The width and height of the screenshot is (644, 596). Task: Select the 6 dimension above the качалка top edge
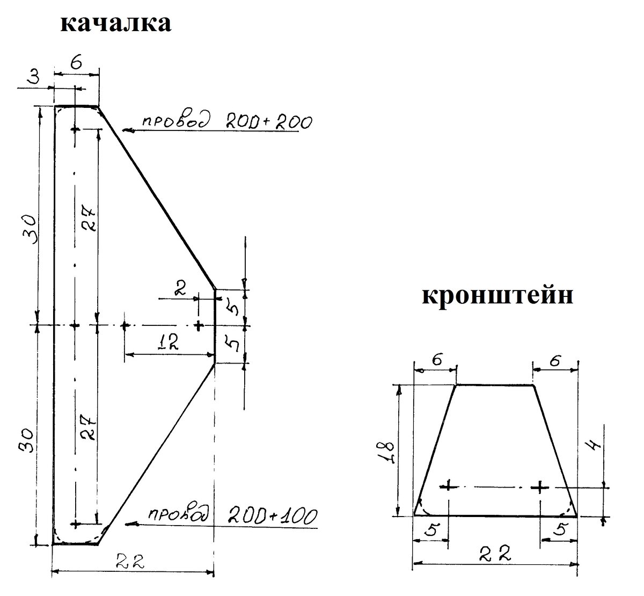click(x=76, y=63)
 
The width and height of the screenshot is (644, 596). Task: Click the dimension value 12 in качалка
click(x=167, y=342)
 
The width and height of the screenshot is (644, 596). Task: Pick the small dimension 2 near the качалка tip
click(x=181, y=290)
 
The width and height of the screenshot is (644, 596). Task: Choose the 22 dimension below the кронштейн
click(x=495, y=553)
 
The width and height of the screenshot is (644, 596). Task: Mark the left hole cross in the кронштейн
click(x=449, y=486)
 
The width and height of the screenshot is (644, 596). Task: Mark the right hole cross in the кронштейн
click(x=539, y=486)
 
